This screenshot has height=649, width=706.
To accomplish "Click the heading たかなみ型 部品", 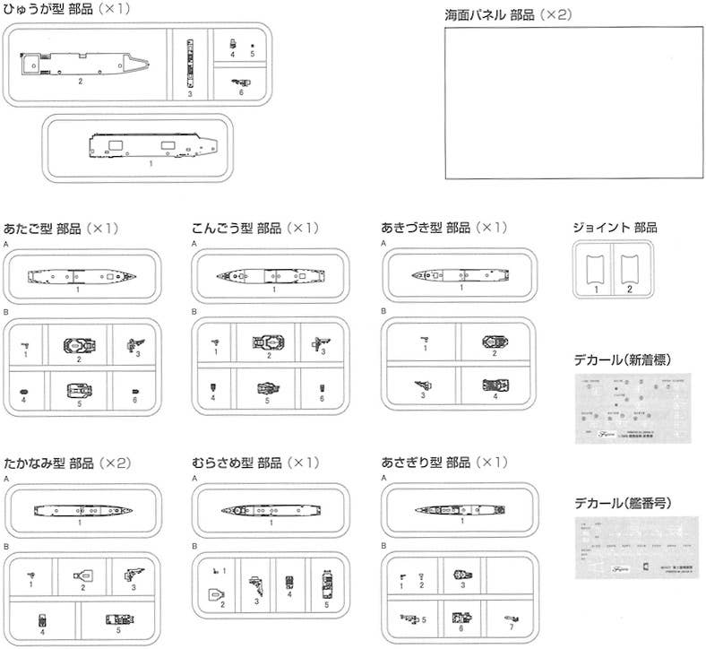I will pyautogui.click(x=67, y=463).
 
